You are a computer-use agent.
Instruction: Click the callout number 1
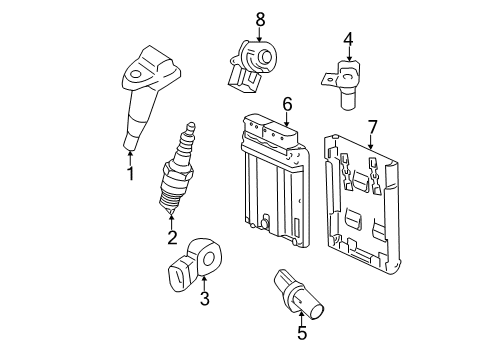(x=129, y=175)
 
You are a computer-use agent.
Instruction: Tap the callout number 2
(x=172, y=237)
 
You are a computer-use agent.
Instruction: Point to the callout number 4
(x=348, y=39)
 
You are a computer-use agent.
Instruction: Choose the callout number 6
(x=286, y=103)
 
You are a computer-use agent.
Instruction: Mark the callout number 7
(x=372, y=126)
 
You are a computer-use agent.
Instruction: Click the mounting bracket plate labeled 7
(x=365, y=205)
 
